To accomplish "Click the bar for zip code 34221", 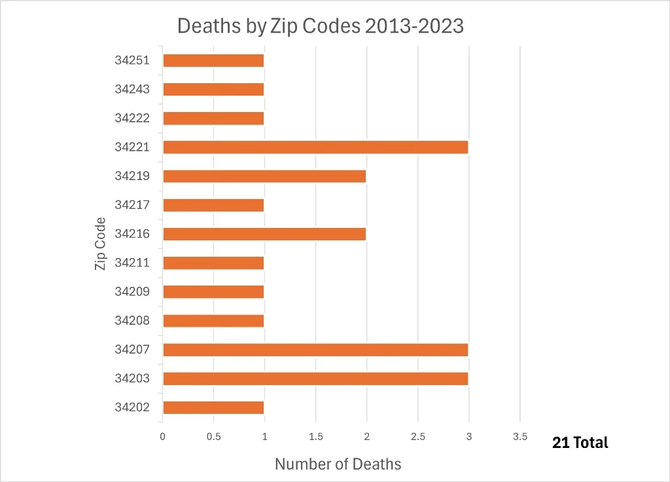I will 315,147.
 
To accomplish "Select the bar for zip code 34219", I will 264,176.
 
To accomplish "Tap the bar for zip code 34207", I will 315,350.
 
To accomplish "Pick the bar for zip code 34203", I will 315,379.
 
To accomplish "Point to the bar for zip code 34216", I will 264,234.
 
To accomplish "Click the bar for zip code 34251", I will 213,61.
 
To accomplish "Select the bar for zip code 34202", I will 213,407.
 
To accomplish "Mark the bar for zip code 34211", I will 213,263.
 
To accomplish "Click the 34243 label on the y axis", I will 132,89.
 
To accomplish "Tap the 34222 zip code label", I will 132,118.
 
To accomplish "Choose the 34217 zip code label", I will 132,205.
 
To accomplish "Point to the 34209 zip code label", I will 132,291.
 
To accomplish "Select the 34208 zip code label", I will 132,320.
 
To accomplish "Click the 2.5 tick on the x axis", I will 418,437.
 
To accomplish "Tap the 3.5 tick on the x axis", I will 520,437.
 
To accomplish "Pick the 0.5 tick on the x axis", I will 213,437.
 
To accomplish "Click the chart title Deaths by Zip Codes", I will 321,26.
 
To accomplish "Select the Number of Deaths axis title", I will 338,464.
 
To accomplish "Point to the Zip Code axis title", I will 100,243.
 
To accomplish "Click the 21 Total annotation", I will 580,443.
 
